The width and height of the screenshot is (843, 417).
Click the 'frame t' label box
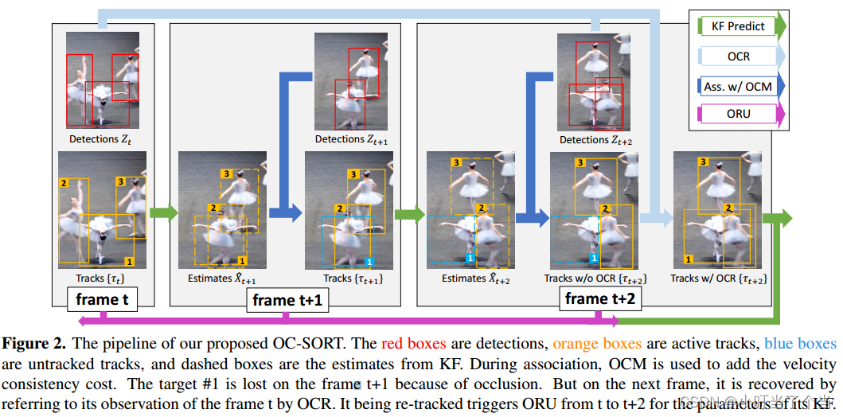[103, 300]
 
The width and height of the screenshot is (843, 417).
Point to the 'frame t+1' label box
[285, 301]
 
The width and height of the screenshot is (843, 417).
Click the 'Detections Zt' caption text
[100, 139]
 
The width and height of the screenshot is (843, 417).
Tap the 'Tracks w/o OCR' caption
[595, 279]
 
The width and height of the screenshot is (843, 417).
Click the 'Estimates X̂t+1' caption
[222, 279]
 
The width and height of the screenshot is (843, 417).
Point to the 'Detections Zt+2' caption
[595, 140]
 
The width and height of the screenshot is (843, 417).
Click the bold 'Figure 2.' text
[34, 344]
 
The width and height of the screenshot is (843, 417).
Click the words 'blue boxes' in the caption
[800, 344]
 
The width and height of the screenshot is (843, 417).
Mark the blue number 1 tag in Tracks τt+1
[368, 261]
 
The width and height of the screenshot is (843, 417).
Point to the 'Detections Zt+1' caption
[351, 139]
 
